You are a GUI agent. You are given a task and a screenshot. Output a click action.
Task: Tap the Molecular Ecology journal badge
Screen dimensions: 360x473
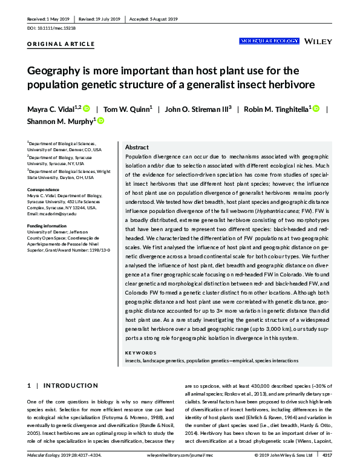[269, 41]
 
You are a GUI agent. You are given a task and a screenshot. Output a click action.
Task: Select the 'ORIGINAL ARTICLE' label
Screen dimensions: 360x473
[61, 44]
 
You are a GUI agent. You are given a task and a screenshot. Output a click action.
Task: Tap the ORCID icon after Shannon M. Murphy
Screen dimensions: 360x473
[100, 121]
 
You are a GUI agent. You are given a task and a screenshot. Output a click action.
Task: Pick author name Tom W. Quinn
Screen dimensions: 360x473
[128, 109]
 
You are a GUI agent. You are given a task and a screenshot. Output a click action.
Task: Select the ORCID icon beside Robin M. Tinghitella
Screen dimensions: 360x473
[315, 109]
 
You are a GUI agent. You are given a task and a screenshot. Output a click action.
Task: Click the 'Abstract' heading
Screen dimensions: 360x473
[136, 148]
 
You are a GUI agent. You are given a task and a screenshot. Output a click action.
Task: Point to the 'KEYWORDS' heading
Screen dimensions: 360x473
[140, 353]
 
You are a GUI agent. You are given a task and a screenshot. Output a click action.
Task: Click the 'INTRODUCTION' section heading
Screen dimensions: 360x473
[71, 385]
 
